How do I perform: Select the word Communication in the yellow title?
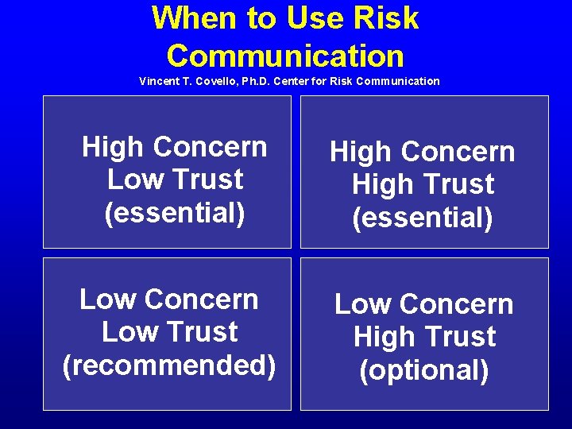pyautogui.click(x=285, y=56)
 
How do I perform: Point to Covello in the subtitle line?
pyautogui.click(x=221, y=81)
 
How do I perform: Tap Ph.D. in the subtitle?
pyautogui.click(x=266, y=81)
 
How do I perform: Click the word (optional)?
pyautogui.click(x=423, y=369)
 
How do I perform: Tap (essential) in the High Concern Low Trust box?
pyautogui.click(x=175, y=212)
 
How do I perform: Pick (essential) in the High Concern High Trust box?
pyautogui.click(x=423, y=217)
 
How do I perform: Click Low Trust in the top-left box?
pyautogui.click(x=175, y=180)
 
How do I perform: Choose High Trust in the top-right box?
pyautogui.click(x=423, y=184)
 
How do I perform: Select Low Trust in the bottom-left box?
pyautogui.click(x=169, y=331)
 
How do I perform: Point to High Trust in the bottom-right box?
pyautogui.click(x=423, y=337)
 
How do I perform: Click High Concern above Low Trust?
pyautogui.click(x=175, y=147)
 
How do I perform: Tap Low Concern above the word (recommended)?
pyautogui.click(x=169, y=299)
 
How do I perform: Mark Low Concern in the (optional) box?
pyautogui.click(x=423, y=304)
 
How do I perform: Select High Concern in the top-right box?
pyautogui.click(x=423, y=152)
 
